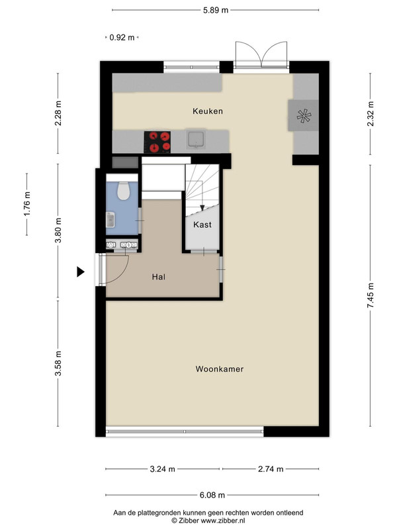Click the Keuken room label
(x=208, y=111)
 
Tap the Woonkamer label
(x=220, y=369)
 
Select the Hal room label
(x=159, y=277)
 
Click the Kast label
(x=202, y=225)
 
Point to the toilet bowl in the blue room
(x=124, y=191)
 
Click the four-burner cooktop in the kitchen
(x=157, y=142)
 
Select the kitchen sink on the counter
(x=196, y=140)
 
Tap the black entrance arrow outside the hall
(x=80, y=272)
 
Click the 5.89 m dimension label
(x=216, y=10)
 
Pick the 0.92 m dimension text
(x=122, y=38)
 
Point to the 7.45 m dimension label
(x=371, y=295)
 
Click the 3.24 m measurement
(x=162, y=469)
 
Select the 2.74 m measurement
(x=271, y=469)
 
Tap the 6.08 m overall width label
(x=212, y=495)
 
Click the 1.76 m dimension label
(x=27, y=204)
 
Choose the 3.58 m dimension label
(x=58, y=363)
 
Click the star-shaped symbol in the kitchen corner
(x=304, y=116)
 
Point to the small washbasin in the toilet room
(x=110, y=220)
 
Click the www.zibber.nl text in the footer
(x=223, y=521)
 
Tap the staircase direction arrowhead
(x=202, y=208)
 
